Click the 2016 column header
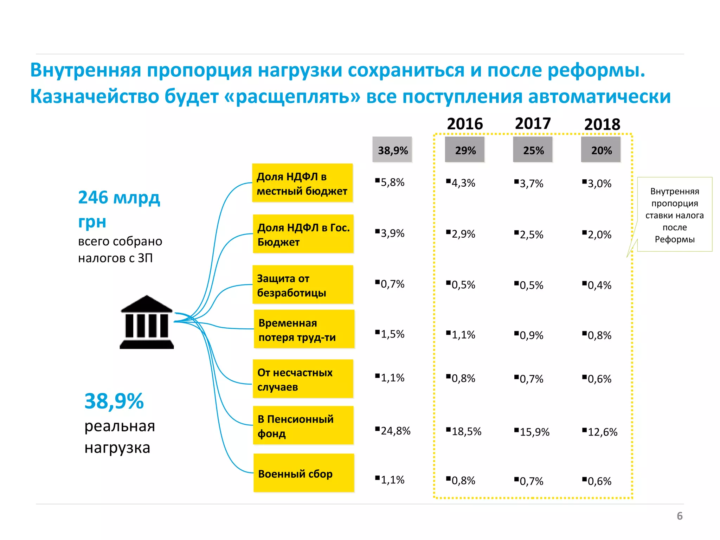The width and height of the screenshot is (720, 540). (465, 124)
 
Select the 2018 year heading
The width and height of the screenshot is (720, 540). (602, 124)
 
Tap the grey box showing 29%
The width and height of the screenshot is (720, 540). (465, 150)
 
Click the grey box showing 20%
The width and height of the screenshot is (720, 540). (601, 150)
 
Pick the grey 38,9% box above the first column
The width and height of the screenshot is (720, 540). (392, 150)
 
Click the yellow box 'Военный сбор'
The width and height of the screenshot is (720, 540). (303, 473)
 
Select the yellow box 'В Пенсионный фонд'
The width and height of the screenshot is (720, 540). (303, 426)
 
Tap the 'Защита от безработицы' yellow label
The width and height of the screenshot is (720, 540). (303, 285)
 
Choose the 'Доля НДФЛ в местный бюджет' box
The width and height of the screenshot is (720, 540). (302, 183)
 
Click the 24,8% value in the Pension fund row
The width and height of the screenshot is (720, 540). (395, 431)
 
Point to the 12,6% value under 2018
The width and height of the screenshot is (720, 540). (602, 432)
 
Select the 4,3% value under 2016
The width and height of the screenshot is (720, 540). (463, 183)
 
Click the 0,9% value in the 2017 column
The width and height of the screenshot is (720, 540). (531, 335)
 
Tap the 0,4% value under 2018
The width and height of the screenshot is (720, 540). (599, 285)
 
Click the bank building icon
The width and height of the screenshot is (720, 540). (147, 322)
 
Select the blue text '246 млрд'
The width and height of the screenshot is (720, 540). (119, 198)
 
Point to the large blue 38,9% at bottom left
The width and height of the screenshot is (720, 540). (114, 401)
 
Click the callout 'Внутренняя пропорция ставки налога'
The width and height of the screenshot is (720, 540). (674, 215)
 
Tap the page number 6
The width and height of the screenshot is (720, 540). (679, 516)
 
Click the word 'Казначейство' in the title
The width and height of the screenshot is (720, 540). (94, 96)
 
